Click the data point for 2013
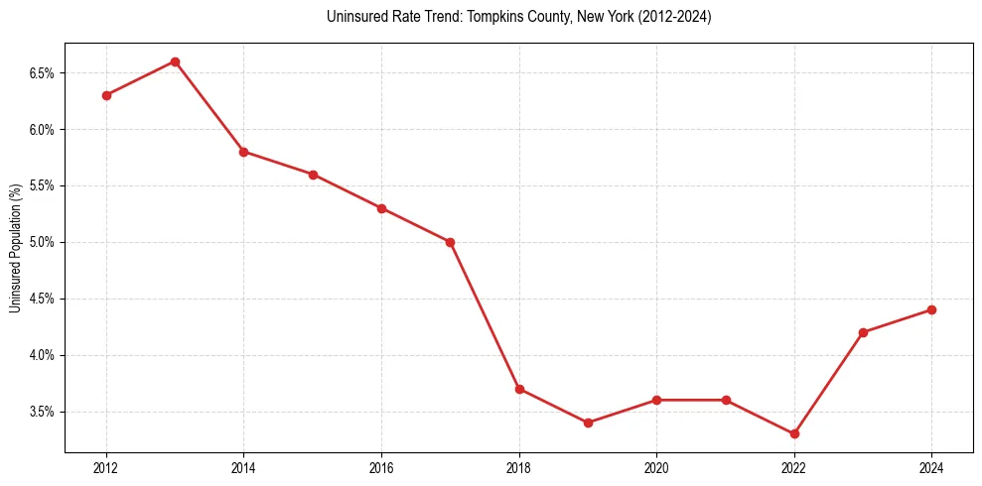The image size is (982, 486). [x=175, y=61]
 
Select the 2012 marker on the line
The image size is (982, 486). [x=106, y=95]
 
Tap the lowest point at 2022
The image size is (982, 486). [x=794, y=433]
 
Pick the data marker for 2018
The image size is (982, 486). [x=519, y=389]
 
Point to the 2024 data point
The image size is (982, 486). [x=931, y=309]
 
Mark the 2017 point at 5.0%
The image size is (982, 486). [x=450, y=242]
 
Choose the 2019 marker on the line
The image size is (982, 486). [x=588, y=423]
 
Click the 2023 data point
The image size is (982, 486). [x=863, y=332]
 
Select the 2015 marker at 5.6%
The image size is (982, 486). [x=313, y=175]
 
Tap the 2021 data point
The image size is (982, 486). [x=726, y=400]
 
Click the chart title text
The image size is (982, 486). [x=518, y=17]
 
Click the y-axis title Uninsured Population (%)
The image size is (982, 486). [x=16, y=248]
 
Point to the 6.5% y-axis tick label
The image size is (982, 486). [x=44, y=73]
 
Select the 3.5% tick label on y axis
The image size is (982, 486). [x=44, y=412]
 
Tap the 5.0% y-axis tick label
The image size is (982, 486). [x=44, y=242]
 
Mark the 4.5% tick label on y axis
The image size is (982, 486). [x=44, y=299]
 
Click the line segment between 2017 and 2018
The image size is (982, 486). [x=485, y=315]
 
